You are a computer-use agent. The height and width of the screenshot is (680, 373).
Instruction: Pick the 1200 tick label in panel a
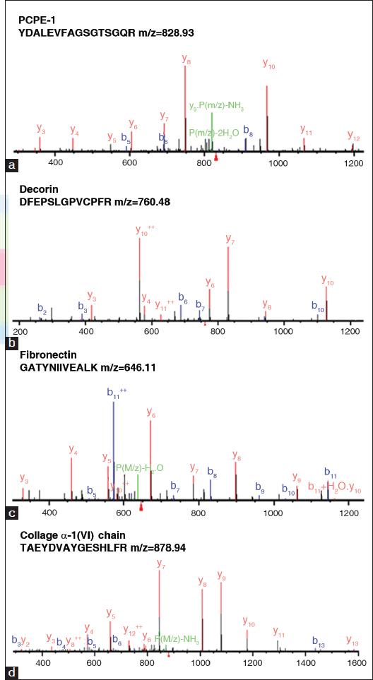point(354,163)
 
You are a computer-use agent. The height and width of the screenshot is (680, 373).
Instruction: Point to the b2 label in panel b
point(42,309)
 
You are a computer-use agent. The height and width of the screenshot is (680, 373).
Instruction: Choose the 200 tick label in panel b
point(20,331)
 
